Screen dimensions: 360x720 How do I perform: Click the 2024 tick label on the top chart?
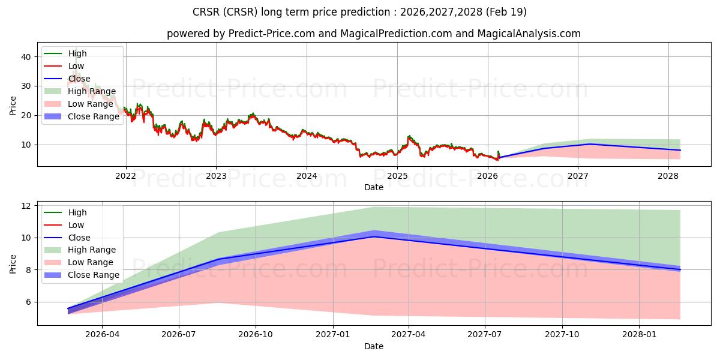pos(307,176)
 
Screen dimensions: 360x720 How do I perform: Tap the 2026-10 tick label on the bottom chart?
pos(256,335)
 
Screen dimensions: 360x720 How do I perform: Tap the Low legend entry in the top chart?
pos(76,66)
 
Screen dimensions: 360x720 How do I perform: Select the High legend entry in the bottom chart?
pos(77,212)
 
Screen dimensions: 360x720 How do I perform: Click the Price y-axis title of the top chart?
pos(13,105)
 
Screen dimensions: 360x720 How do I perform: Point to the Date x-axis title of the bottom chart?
pos(373,346)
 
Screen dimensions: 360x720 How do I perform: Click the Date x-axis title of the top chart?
pos(373,187)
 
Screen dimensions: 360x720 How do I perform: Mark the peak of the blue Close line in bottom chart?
pos(374,236)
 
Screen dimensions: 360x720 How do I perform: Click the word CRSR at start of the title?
pos(206,12)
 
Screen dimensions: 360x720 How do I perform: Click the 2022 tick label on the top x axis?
pos(125,176)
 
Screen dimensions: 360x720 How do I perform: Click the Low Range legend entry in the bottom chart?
pos(91,262)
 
